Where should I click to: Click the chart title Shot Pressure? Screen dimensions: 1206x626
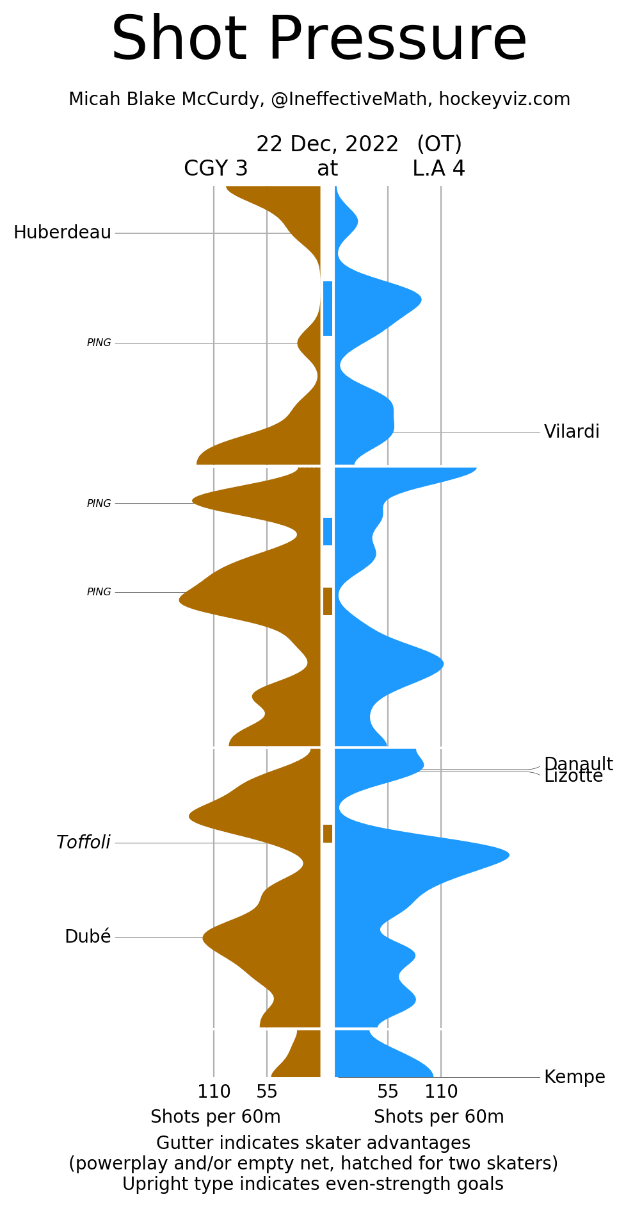(x=319, y=40)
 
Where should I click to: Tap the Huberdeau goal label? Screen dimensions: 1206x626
(x=62, y=233)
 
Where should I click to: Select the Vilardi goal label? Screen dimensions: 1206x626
(x=572, y=432)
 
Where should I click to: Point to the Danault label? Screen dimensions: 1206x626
(x=578, y=763)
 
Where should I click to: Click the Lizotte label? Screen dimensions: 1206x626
(x=574, y=777)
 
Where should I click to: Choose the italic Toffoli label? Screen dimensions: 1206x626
(x=83, y=843)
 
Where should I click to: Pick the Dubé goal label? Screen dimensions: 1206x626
(x=88, y=937)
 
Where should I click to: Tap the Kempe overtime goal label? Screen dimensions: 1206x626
(x=574, y=1077)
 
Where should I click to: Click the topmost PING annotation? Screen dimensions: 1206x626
(x=99, y=343)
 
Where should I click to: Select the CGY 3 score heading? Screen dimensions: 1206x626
(x=216, y=169)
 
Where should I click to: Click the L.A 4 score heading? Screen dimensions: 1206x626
(x=438, y=169)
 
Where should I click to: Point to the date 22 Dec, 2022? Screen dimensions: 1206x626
(x=327, y=144)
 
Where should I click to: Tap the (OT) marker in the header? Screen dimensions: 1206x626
(x=439, y=144)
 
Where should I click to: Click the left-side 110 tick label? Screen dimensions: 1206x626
(x=214, y=1092)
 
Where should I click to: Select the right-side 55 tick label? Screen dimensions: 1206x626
(x=388, y=1092)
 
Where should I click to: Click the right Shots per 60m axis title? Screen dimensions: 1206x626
(x=438, y=1117)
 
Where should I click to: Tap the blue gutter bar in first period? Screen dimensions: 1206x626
(x=328, y=308)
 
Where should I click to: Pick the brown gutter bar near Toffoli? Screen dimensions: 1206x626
(x=328, y=833)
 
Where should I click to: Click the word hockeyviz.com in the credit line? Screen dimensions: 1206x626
(x=504, y=99)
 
